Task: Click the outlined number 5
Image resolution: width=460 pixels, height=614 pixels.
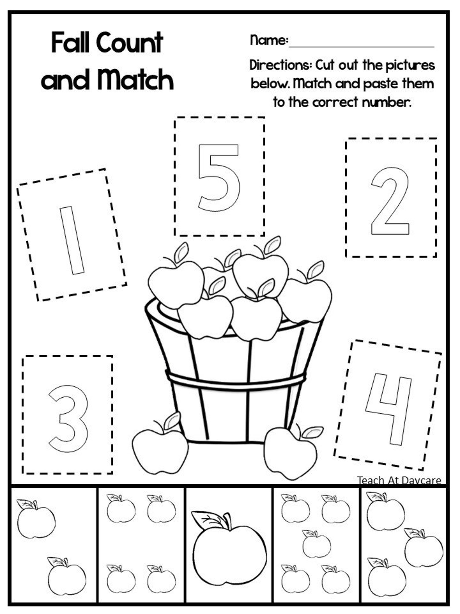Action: (x=219, y=177)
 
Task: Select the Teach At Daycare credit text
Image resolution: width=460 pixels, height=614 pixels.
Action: (x=399, y=481)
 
